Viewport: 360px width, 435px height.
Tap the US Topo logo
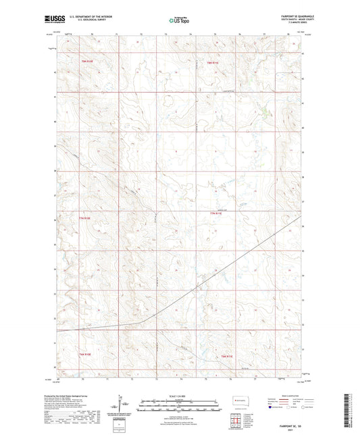pos(179,21)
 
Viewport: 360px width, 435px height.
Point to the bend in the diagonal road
pos(140,320)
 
